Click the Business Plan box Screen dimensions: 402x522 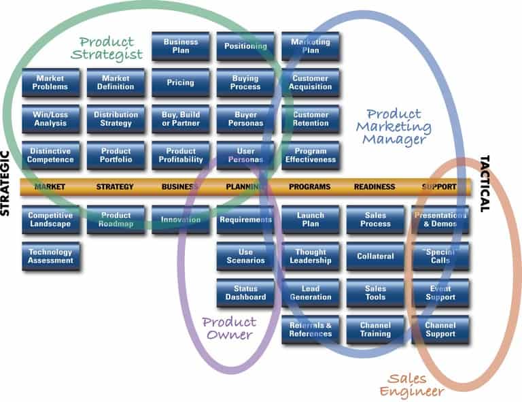pyautogui.click(x=180, y=46)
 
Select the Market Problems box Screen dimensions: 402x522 pyautogui.click(x=50, y=83)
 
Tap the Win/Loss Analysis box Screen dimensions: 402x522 pyautogui.click(x=50, y=119)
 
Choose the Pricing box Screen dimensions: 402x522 pyautogui.click(x=180, y=83)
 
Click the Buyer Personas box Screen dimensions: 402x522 pyautogui.click(x=245, y=119)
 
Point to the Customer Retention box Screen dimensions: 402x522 pyautogui.click(x=310, y=119)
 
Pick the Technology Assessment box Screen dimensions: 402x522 pyautogui.click(x=50, y=256)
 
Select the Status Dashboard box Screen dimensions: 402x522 pyautogui.click(x=245, y=293)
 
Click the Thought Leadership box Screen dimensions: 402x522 pyautogui.click(x=310, y=256)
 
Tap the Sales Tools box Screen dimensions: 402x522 pyautogui.click(x=375, y=293)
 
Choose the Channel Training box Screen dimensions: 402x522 pyautogui.click(x=375, y=330)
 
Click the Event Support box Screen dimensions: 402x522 pyautogui.click(x=440, y=293)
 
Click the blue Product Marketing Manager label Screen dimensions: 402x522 pyautogui.click(x=398, y=127)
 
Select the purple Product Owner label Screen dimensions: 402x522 pyautogui.click(x=230, y=328)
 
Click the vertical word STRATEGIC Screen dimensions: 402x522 pyautogui.click(x=6, y=184)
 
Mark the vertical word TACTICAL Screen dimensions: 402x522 pyautogui.click(x=485, y=184)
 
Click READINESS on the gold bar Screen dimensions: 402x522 pyautogui.click(x=375, y=186)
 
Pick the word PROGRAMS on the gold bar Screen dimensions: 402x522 pyautogui.click(x=310, y=186)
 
